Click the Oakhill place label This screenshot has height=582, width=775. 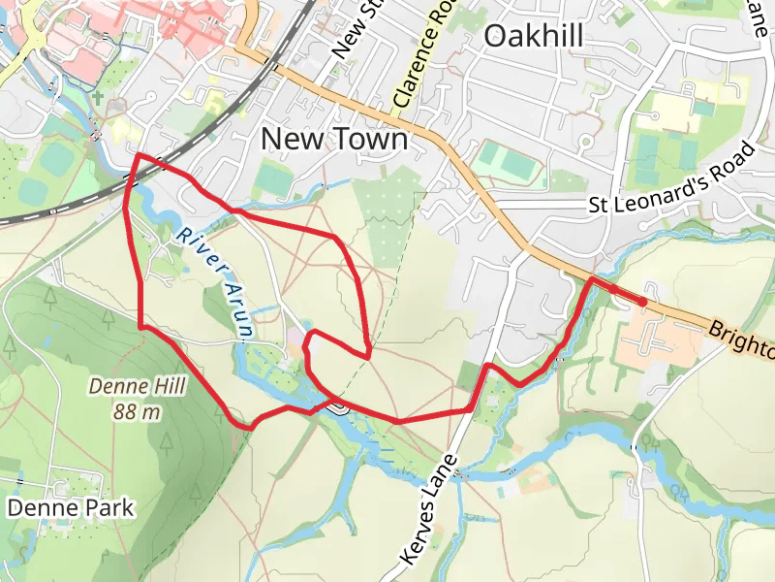click(x=533, y=37)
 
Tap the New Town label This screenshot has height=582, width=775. click(x=334, y=140)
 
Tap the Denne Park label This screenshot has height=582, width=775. click(x=71, y=507)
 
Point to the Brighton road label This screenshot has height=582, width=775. click(x=741, y=339)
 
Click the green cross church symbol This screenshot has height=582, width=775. click(x=98, y=98)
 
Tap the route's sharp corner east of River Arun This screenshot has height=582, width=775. click(x=369, y=356)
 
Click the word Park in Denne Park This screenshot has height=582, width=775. click(x=108, y=507)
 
